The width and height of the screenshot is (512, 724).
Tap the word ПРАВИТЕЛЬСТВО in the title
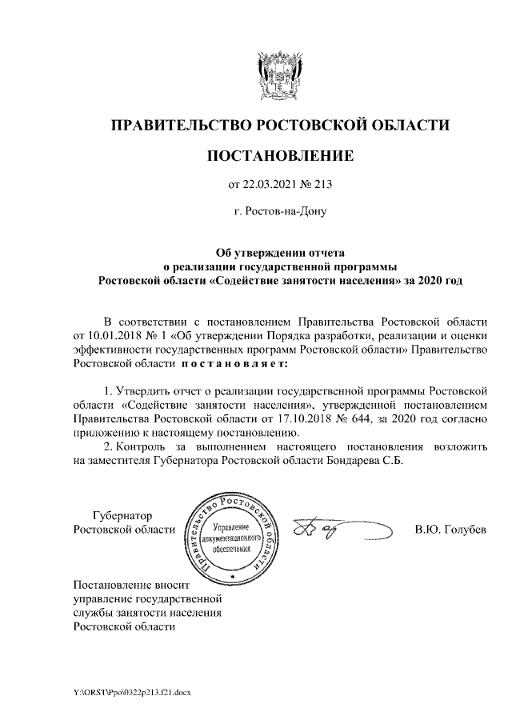[180, 125]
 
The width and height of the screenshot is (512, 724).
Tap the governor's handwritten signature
[328, 530]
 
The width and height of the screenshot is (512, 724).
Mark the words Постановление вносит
[129, 583]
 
